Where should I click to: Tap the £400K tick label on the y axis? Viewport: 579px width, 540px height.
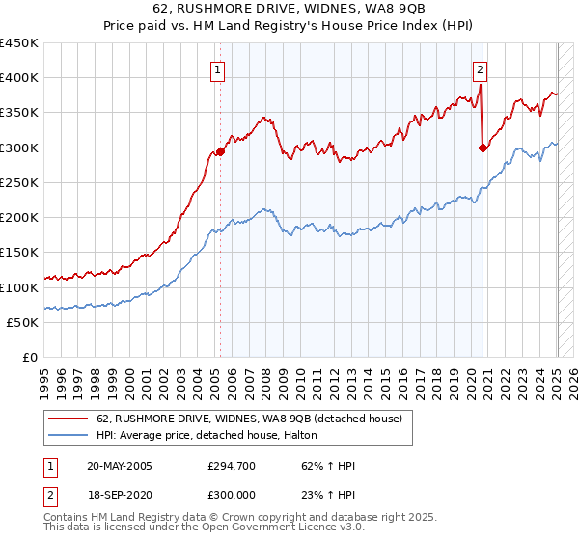[18, 78]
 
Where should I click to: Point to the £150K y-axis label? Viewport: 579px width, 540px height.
[18, 252]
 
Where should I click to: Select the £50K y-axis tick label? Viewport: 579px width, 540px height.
[22, 322]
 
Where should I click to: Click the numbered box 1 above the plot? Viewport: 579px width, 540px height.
[220, 69]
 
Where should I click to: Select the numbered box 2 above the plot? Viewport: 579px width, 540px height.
[480, 69]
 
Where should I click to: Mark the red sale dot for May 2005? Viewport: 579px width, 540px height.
[220, 151]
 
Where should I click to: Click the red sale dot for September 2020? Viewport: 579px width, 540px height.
[482, 148]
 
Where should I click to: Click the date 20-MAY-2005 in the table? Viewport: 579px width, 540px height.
[120, 466]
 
